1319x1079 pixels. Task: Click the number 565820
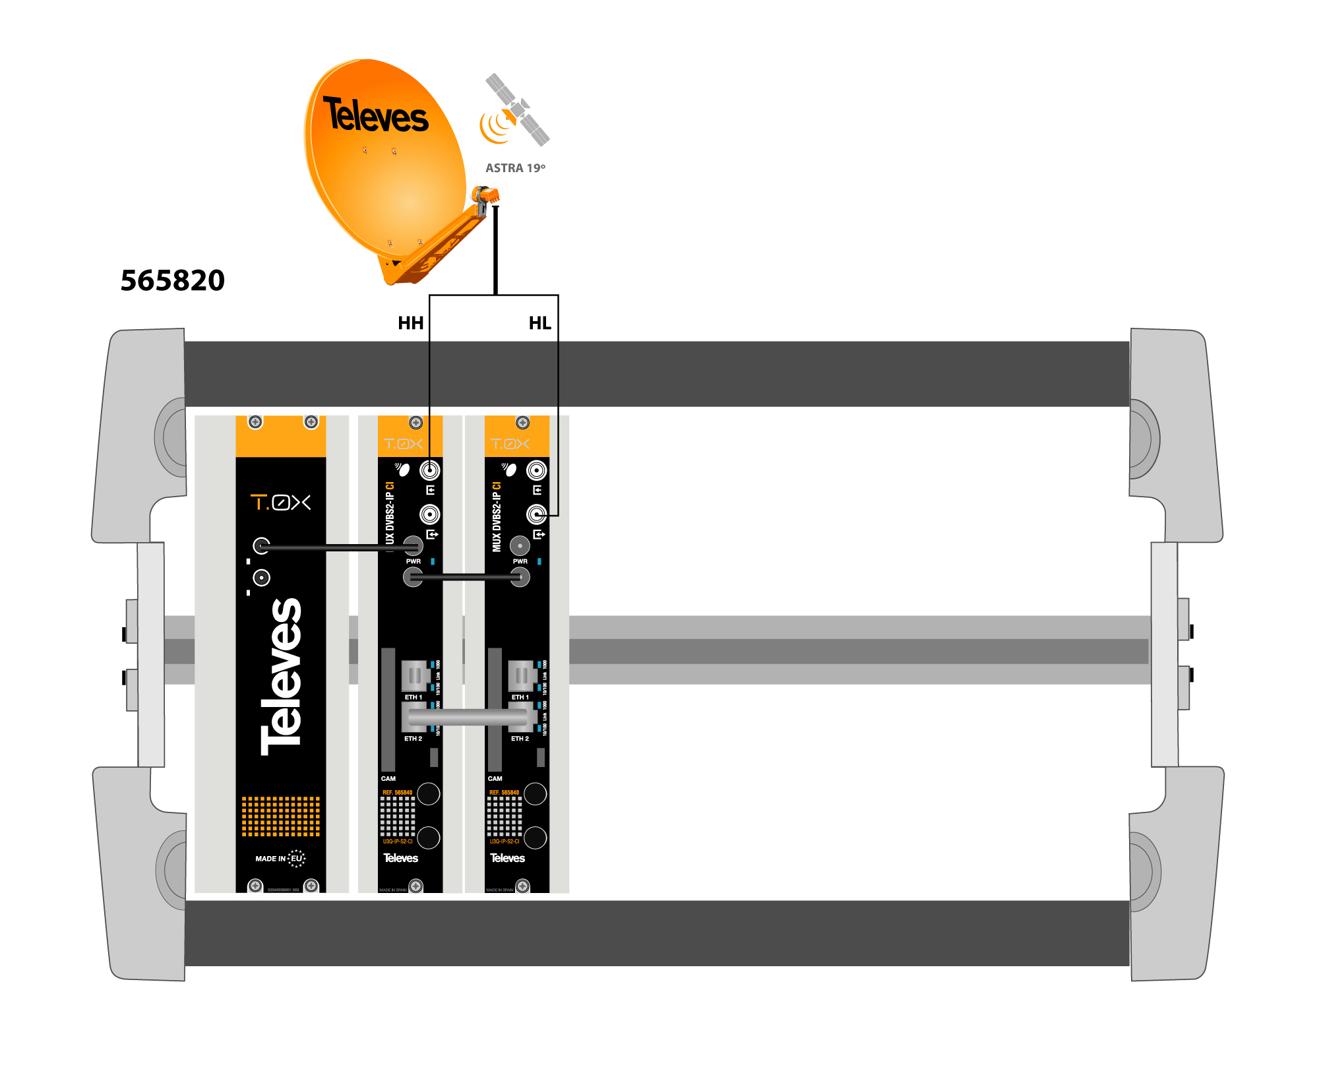click(x=173, y=280)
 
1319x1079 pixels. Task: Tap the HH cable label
click(x=410, y=323)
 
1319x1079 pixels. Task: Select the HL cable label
click(x=539, y=323)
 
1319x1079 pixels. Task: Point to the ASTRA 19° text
click(x=515, y=168)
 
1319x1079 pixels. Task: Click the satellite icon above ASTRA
click(x=516, y=110)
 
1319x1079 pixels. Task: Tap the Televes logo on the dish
click(x=375, y=115)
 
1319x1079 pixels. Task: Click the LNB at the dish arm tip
click(x=485, y=196)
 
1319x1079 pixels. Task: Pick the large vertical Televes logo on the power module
click(x=282, y=676)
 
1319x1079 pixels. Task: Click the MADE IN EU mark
click(x=280, y=858)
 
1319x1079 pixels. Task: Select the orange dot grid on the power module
click(x=280, y=816)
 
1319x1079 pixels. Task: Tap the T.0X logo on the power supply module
click(x=280, y=503)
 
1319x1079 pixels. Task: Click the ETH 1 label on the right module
click(x=520, y=697)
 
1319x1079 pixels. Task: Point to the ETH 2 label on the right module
click(x=520, y=739)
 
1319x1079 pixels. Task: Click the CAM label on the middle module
click(x=388, y=779)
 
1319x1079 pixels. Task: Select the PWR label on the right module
click(x=520, y=561)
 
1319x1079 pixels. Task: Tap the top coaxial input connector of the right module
click(x=536, y=470)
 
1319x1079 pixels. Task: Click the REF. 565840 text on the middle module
click(x=397, y=793)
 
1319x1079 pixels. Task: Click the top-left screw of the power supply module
click(x=255, y=422)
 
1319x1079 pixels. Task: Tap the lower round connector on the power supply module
click(x=262, y=578)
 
